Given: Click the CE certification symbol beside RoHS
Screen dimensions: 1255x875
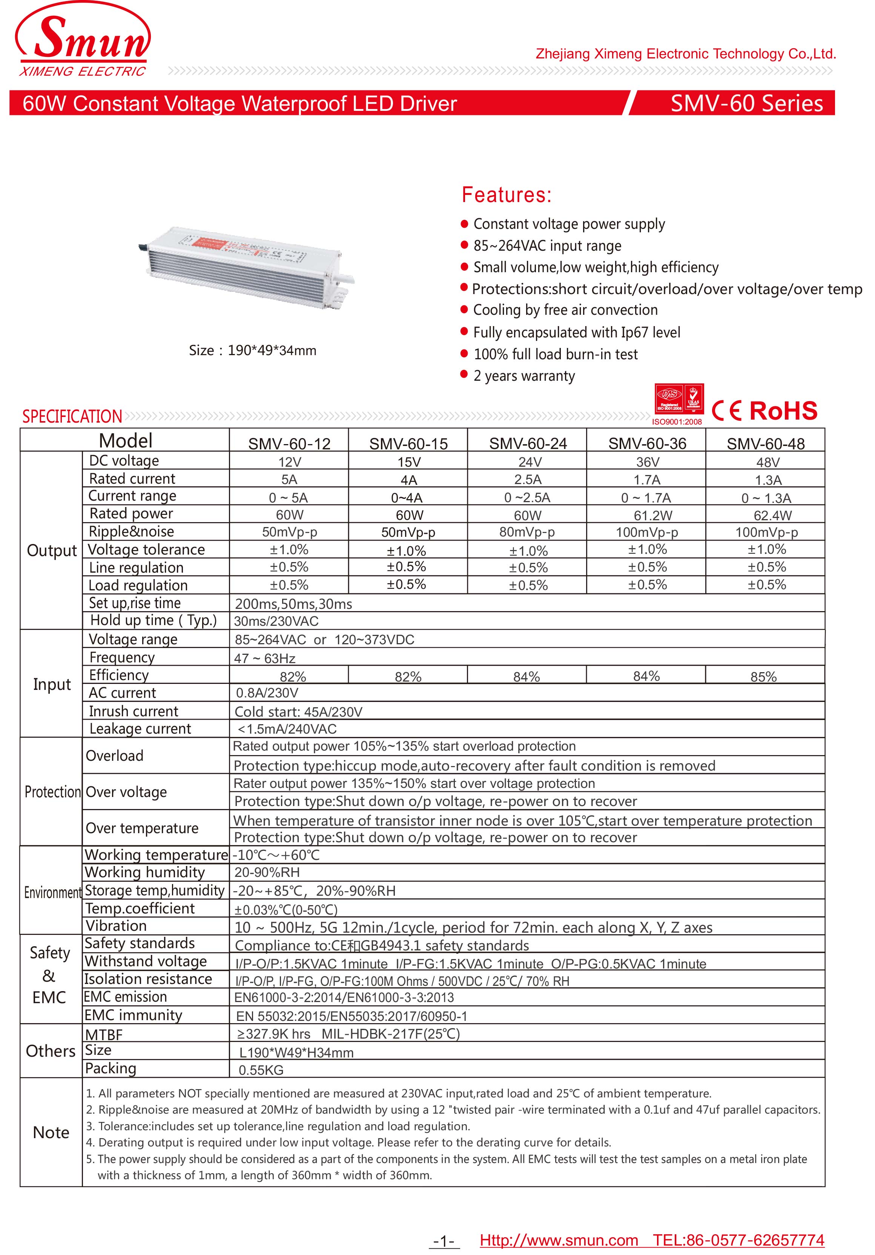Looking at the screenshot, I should [x=727, y=411].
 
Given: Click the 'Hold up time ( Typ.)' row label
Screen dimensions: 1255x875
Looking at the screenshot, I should [x=153, y=620].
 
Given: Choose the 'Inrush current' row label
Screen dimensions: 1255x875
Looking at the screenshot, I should [x=134, y=711].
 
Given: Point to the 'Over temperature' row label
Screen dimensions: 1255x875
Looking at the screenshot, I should [x=142, y=828].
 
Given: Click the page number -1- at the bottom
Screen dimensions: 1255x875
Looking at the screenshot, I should [x=444, y=1241].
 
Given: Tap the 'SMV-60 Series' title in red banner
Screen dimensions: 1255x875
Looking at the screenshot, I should [x=746, y=103].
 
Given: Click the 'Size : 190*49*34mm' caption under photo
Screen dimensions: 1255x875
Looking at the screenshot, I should [x=253, y=350].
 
